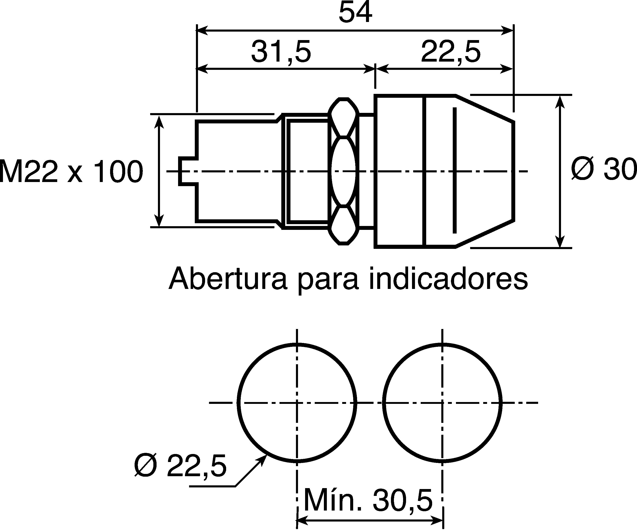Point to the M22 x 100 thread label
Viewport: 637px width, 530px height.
(71, 171)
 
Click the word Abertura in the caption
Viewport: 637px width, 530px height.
(228, 278)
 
